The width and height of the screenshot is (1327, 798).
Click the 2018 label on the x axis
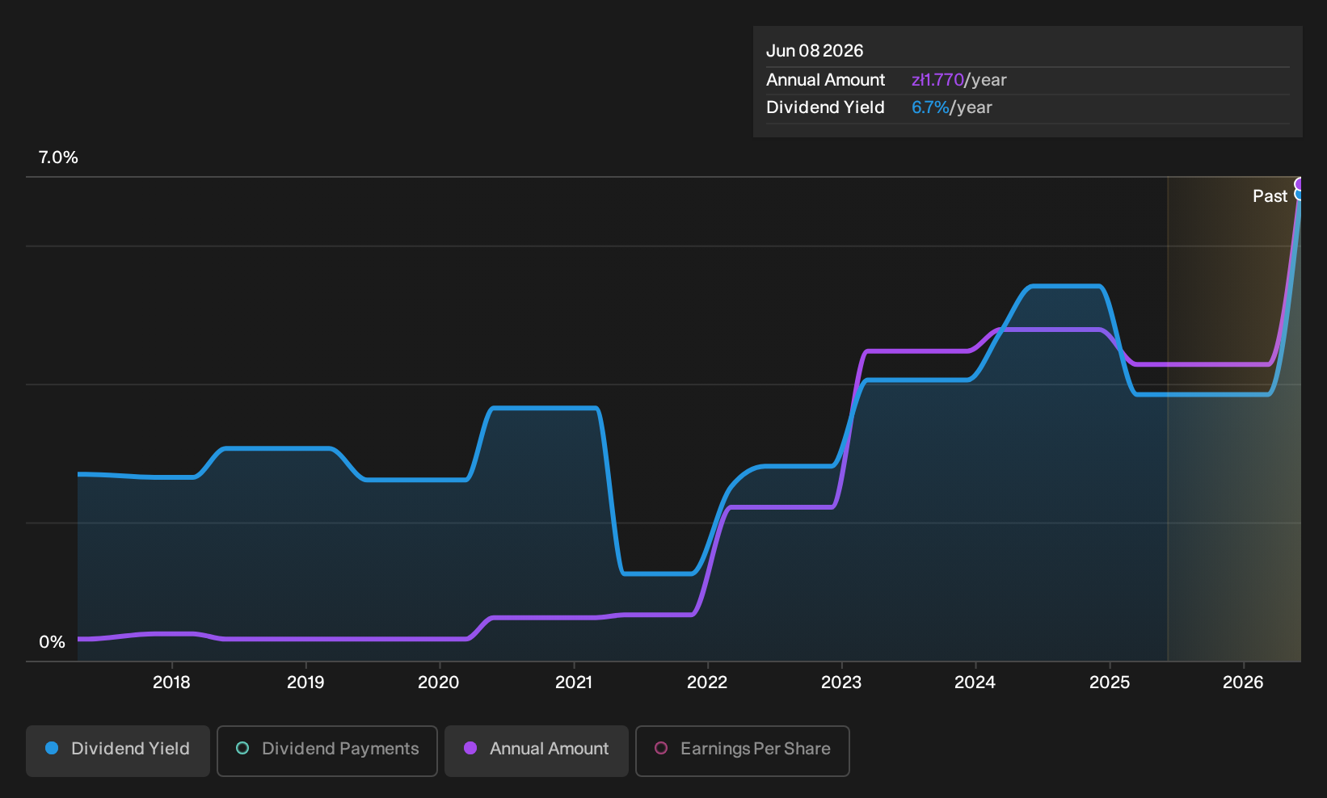171,682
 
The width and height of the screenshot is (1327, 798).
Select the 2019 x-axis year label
305,682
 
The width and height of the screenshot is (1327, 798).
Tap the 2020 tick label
438,682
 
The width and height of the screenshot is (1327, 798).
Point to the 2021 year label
574,682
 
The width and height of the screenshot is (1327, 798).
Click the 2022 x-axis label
707,682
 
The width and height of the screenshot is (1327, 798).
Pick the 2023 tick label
841,682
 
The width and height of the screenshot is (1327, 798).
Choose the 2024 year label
975,682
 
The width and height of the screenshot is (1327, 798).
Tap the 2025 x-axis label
1110,682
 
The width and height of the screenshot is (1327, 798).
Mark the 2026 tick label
1243,682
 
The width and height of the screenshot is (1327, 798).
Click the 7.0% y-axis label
58,157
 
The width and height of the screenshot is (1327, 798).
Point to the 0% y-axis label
53,642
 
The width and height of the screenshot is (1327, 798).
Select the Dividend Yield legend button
118,750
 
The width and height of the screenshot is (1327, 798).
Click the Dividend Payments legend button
327,750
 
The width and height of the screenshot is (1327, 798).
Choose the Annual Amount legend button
536,750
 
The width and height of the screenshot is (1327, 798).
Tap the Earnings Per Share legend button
742,750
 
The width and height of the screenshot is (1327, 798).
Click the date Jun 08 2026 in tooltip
815,51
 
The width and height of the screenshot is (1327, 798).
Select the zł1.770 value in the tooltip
937,80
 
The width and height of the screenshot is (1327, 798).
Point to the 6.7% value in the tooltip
930,107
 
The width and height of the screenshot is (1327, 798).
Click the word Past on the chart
1270,196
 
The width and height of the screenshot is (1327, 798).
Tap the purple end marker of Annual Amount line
1298,184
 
